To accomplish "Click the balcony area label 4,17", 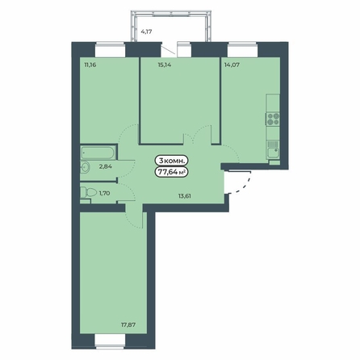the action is [147, 31].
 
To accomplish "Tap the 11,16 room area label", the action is [90, 65].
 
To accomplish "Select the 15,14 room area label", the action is [165, 65].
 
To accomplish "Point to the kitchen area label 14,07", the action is [232, 65].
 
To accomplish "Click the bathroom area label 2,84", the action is [106, 166].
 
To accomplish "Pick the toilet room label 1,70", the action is [104, 193].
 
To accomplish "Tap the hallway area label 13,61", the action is [185, 196].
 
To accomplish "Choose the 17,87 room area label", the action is [128, 324].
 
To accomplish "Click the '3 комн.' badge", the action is [171, 161].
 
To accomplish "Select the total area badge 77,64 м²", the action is [171, 172].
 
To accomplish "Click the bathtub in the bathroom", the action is [98, 153].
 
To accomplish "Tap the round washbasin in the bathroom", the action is [85, 167].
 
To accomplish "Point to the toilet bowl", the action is [89, 192].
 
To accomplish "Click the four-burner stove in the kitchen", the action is [273, 119].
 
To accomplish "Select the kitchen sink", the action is [274, 153].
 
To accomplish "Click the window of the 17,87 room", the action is [111, 341].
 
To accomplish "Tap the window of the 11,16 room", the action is [111, 49].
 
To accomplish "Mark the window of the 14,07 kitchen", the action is [243, 49].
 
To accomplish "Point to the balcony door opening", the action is [170, 49].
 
